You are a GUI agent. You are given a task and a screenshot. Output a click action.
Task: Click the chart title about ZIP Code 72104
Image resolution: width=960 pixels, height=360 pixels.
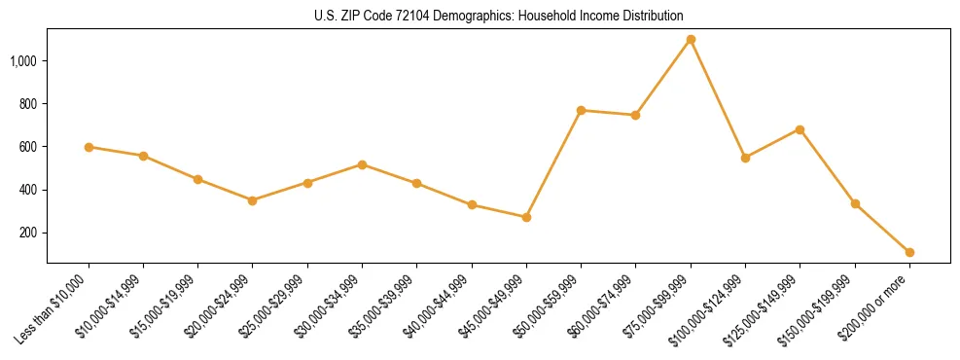[498, 16]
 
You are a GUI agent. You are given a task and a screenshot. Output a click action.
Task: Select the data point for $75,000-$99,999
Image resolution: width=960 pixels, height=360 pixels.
[691, 39]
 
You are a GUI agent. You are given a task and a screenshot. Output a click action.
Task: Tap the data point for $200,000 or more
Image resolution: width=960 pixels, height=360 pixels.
[909, 252]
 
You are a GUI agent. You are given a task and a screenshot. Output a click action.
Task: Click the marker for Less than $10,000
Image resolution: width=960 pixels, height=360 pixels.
[89, 147]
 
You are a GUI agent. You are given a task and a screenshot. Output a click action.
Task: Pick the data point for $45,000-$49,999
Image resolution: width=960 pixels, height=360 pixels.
[526, 217]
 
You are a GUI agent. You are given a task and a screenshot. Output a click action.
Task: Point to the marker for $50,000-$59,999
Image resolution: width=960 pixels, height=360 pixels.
[581, 110]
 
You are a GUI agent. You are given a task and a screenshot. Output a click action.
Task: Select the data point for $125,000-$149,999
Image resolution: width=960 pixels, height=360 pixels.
[800, 129]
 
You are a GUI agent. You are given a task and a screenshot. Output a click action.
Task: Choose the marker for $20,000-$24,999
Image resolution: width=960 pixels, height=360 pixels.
[253, 200]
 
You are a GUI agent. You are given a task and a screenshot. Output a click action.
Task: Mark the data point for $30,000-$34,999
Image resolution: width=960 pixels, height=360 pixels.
[362, 164]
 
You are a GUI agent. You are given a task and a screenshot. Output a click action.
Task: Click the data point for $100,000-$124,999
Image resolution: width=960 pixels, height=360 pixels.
[745, 158]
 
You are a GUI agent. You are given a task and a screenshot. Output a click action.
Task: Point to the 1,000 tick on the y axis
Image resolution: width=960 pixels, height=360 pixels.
[23, 61]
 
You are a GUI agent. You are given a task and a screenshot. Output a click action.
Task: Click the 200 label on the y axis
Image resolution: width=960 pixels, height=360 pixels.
[28, 233]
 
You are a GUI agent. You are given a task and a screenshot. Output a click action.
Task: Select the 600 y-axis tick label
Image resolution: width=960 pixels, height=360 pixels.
[28, 147]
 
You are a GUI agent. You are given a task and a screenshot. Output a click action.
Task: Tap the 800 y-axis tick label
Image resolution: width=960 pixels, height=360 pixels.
[28, 104]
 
